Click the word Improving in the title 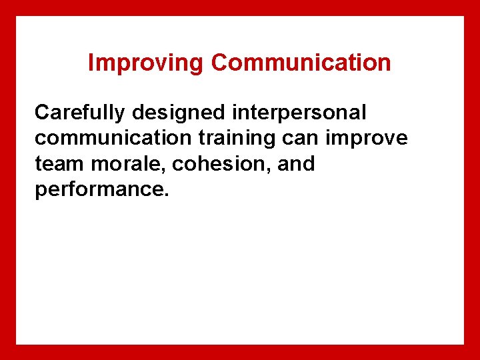point(146,63)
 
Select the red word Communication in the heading point(301,63)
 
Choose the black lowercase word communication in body point(99,139)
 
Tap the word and point(296,164)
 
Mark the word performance point(98,189)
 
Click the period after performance point(167,195)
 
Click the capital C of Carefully point(42,113)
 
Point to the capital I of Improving point(91,63)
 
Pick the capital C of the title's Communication point(220,63)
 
